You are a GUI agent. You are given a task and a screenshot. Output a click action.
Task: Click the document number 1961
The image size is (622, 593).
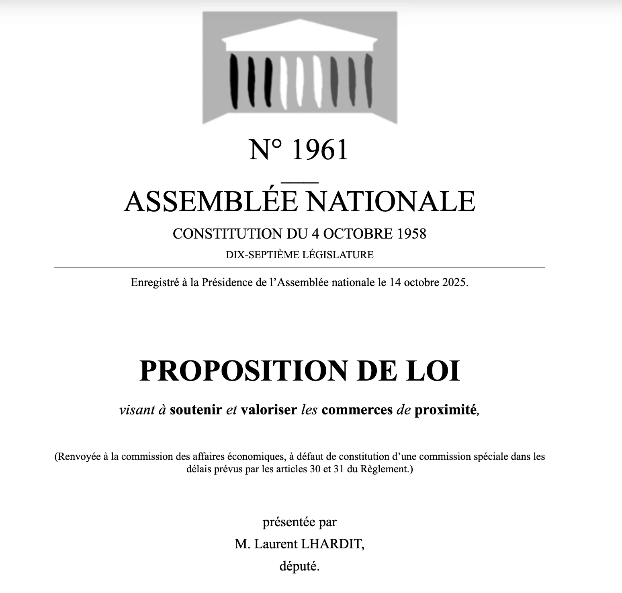[x=320, y=150]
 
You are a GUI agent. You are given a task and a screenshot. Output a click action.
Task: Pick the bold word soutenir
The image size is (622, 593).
[x=196, y=410]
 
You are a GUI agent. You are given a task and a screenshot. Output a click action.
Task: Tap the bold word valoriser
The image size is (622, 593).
[x=269, y=410]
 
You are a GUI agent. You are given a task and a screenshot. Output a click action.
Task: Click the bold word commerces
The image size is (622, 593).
[x=357, y=410]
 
